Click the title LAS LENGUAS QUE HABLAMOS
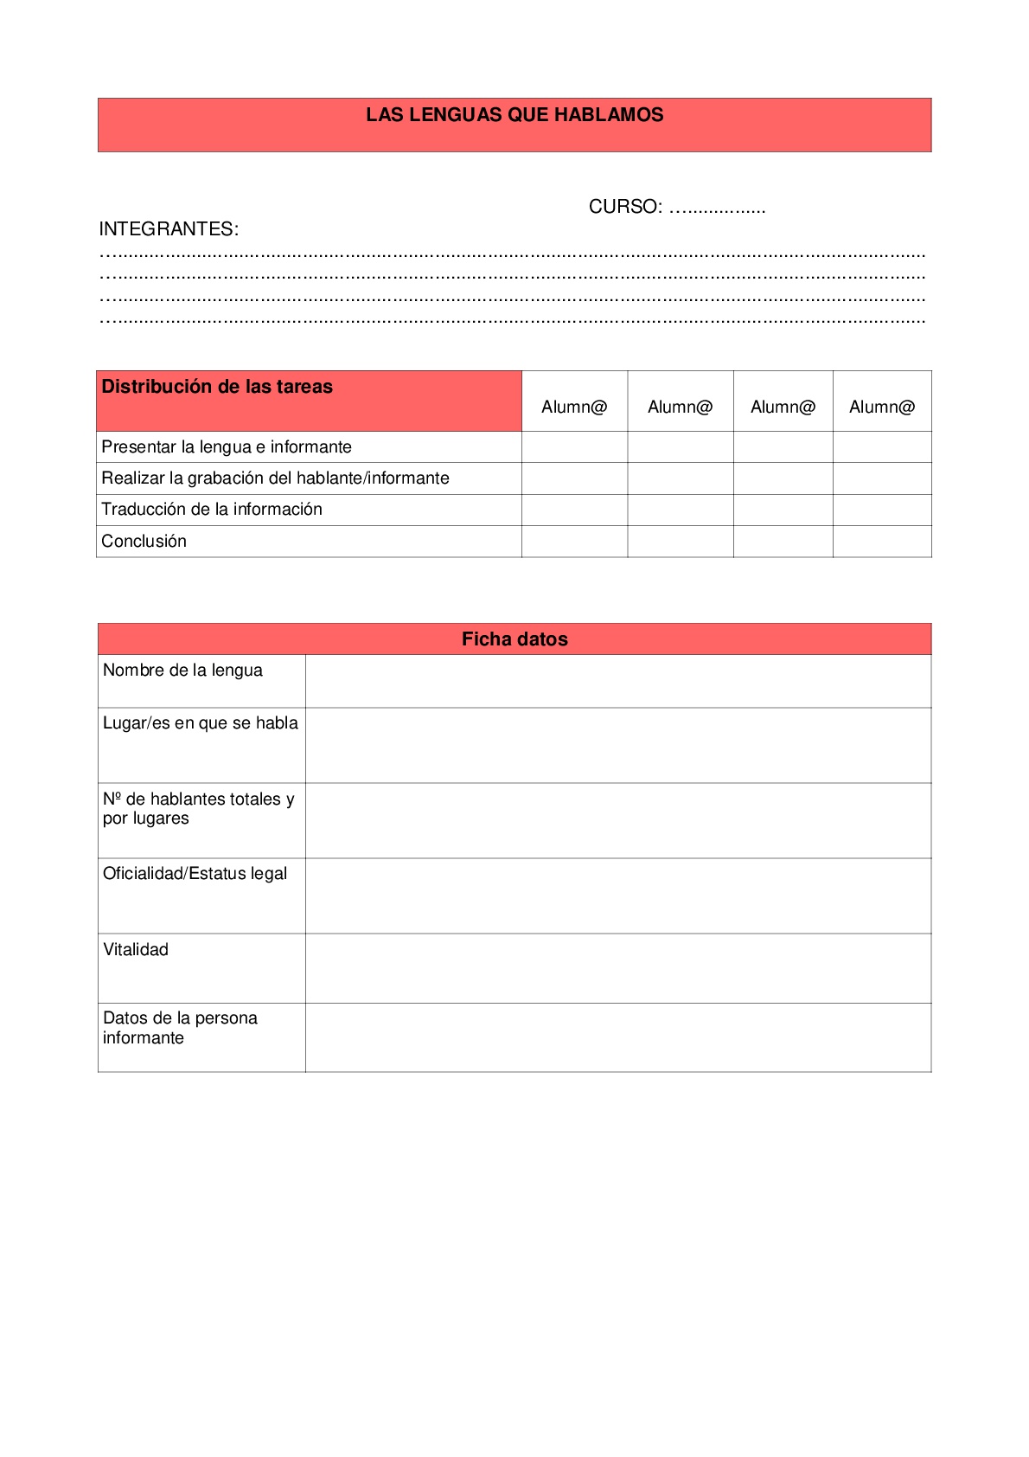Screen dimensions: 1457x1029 coord(514,115)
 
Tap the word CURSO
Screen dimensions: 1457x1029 coord(625,207)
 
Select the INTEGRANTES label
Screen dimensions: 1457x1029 coord(169,229)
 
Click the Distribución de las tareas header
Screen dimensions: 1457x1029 coord(217,387)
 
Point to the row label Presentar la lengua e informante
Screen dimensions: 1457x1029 coord(227,447)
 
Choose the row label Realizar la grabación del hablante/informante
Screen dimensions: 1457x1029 coord(275,478)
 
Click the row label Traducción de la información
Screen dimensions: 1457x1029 coord(212,510)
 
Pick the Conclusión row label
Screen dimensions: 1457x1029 coord(144,542)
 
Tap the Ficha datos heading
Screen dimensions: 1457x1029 coord(514,639)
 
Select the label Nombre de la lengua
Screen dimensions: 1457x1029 coord(182,671)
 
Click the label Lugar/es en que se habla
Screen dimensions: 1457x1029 coord(201,723)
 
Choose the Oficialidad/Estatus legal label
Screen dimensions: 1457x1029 coord(195,874)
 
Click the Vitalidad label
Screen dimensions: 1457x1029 coord(136,950)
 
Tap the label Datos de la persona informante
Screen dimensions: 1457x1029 coord(180,1028)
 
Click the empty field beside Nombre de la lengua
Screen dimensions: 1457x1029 coord(618,682)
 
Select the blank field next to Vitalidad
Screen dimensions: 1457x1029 coord(618,968)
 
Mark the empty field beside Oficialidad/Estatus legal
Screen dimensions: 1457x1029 coord(618,895)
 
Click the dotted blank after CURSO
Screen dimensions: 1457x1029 coord(718,209)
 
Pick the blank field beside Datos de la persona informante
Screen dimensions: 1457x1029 coord(618,1037)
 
